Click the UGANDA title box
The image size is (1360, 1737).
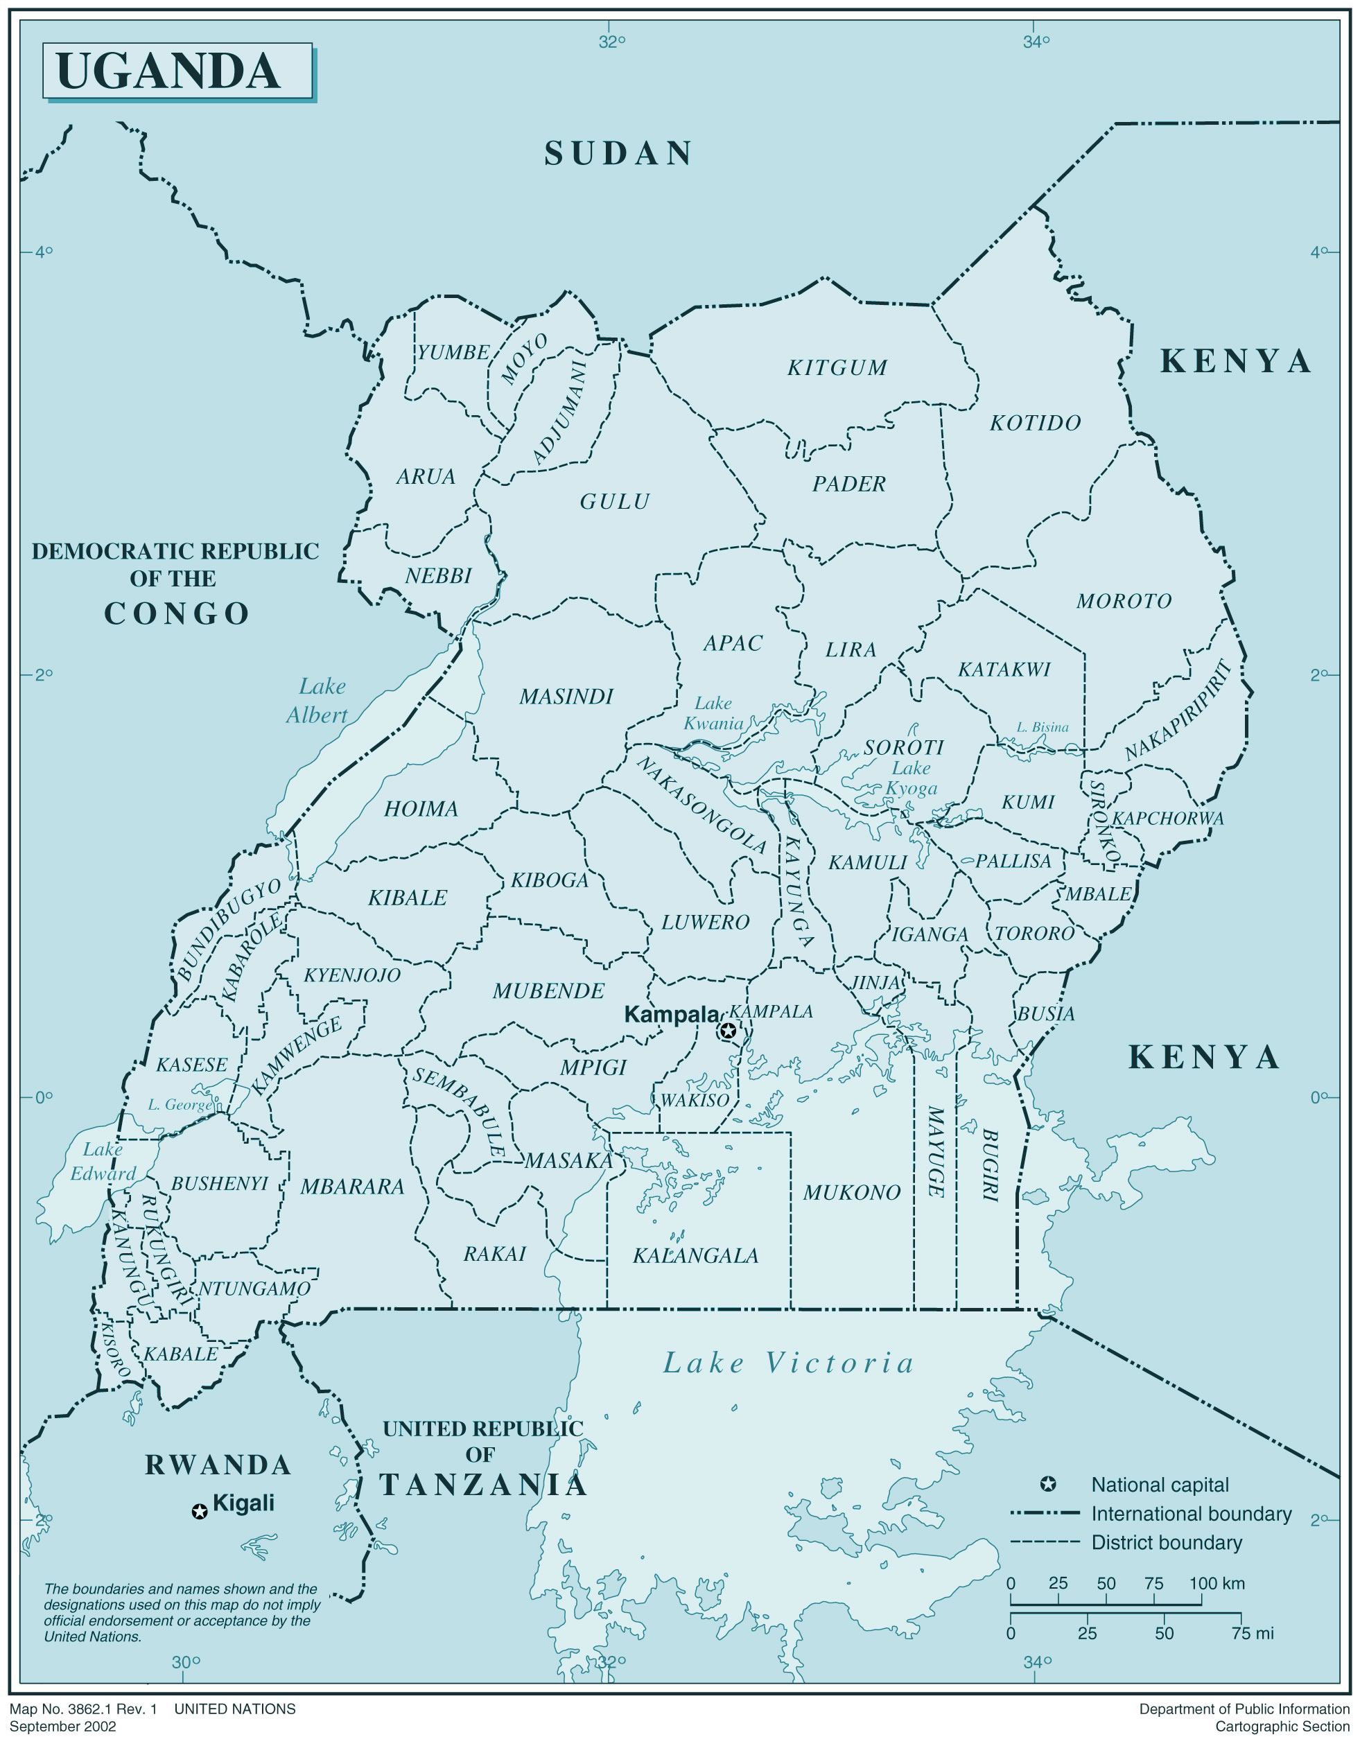(x=177, y=71)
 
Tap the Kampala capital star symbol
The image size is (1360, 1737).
(x=727, y=1031)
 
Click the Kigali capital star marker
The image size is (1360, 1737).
(x=200, y=1510)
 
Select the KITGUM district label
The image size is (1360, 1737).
(x=837, y=368)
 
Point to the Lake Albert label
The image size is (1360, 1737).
(x=318, y=701)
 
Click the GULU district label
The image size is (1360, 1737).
(x=615, y=502)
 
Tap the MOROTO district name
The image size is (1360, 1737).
(x=1124, y=601)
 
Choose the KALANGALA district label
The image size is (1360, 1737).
(x=695, y=1255)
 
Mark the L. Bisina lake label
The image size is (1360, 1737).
(x=1043, y=727)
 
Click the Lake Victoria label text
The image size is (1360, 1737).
(x=788, y=1363)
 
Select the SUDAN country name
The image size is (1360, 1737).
(x=618, y=154)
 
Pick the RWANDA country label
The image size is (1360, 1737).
(x=218, y=1465)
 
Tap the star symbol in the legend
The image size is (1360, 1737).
(x=1048, y=1484)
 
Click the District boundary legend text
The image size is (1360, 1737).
(x=1166, y=1542)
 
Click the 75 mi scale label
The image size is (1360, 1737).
(x=1253, y=1633)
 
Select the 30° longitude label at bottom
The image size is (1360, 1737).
(x=186, y=1661)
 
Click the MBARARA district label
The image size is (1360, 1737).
(x=352, y=1187)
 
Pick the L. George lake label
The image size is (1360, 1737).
(x=179, y=1104)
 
